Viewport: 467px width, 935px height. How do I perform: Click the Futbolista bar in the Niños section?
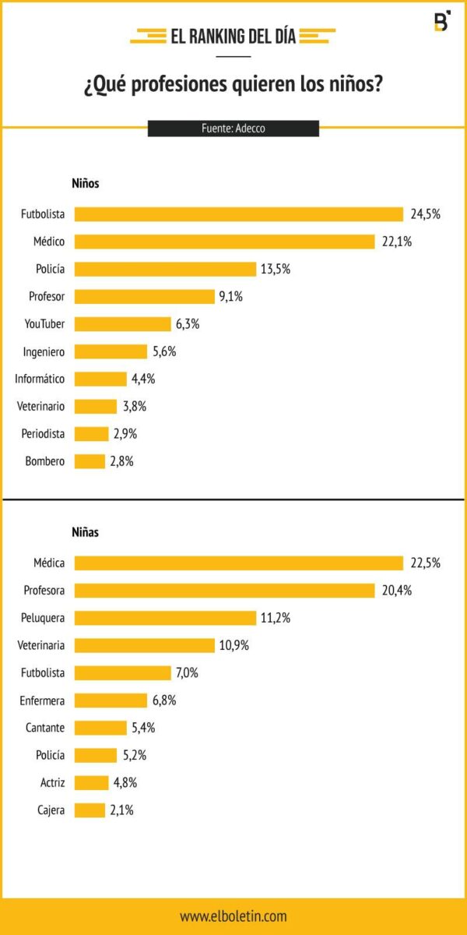[x=238, y=214]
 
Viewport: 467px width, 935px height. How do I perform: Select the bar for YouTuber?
[x=122, y=324]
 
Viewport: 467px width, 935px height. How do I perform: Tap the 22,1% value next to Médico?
[x=396, y=242]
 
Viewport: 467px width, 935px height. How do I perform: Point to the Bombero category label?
[x=44, y=461]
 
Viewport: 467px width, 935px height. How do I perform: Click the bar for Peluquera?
[x=165, y=618]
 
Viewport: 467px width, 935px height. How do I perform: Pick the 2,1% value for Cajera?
[x=121, y=810]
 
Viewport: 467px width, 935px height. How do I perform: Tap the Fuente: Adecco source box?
[x=233, y=129]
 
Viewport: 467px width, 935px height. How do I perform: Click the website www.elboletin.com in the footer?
[x=233, y=916]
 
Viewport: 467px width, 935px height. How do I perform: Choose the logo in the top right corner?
[x=441, y=22]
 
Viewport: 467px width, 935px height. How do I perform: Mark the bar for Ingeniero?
[x=111, y=351]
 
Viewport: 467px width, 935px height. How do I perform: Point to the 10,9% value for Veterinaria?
[x=234, y=645]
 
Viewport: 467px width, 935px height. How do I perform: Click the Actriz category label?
[x=52, y=783]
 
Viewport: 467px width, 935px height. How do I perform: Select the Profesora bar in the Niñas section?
[x=224, y=591]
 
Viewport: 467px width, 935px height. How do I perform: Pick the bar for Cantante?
[x=100, y=728]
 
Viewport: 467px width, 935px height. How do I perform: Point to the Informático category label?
[x=40, y=379]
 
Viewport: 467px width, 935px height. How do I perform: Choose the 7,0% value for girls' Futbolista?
[x=186, y=672]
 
